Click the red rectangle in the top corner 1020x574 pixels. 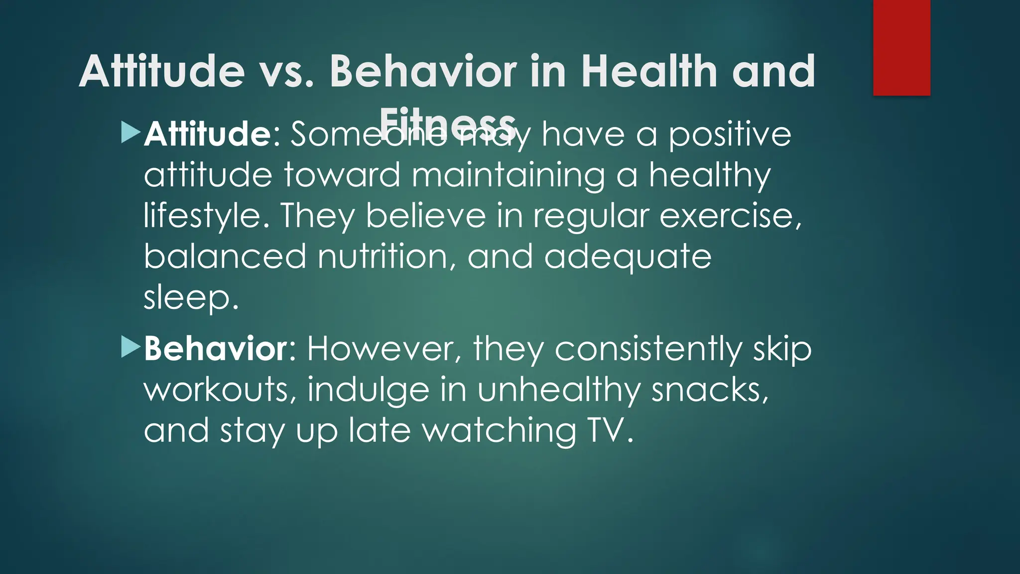(901, 47)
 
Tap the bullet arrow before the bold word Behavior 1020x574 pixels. (130, 347)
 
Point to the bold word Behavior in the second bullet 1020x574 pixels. (216, 348)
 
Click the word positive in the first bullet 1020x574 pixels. (729, 135)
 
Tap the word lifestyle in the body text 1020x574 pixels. (202, 216)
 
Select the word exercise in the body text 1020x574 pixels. (726, 216)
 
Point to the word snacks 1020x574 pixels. (710, 389)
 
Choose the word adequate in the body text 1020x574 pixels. (628, 258)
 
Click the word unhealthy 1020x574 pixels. (558, 390)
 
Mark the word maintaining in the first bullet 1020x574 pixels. (508, 175)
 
